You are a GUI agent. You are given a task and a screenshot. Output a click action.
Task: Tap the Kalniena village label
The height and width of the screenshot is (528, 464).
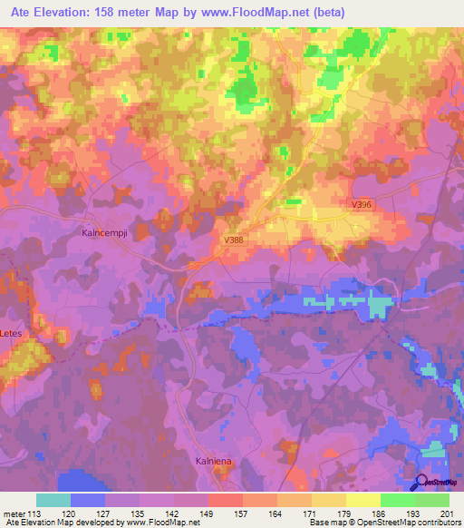[216, 462]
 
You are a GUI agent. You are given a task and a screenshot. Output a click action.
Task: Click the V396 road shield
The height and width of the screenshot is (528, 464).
[361, 207]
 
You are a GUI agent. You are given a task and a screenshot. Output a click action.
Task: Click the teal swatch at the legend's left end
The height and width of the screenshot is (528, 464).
[53, 500]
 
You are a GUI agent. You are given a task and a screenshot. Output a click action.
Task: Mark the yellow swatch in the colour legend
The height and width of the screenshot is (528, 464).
[362, 500]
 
